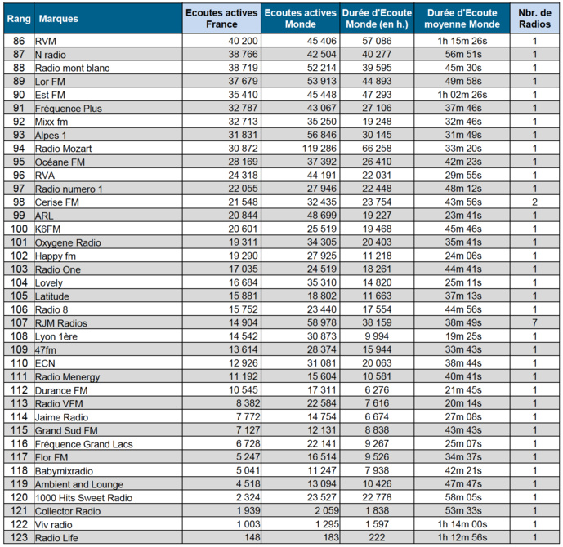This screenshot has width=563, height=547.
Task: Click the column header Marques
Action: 54,18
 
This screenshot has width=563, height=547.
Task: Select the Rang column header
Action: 19,18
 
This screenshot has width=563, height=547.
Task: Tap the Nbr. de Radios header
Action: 534,18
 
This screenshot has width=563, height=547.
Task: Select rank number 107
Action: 19,323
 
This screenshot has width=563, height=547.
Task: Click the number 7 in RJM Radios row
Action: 534,323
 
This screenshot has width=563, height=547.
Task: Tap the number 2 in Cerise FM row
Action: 534,202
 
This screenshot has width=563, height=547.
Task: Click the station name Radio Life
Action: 58,538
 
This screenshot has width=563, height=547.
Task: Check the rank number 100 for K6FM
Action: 19,229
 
